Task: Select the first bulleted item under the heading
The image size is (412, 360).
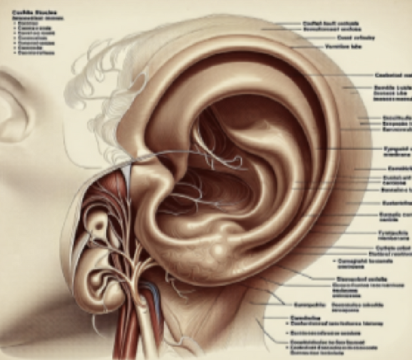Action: click(x=26, y=23)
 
